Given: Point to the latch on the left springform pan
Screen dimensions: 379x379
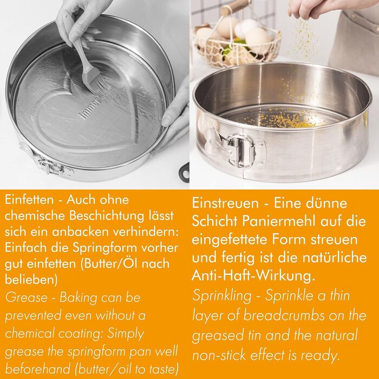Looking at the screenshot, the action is point(53,165).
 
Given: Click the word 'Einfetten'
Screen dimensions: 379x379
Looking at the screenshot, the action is point(29,200).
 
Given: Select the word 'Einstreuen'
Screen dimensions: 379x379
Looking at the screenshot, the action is point(225,203).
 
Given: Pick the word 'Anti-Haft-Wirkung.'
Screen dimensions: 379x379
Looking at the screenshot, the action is point(253,275).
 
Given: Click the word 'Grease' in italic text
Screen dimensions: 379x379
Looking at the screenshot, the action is point(27,297).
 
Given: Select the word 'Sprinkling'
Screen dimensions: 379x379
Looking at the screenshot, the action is point(222,296).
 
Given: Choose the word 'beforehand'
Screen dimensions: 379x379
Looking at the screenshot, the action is point(38,369).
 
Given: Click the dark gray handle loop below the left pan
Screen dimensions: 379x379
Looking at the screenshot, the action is point(184,172).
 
